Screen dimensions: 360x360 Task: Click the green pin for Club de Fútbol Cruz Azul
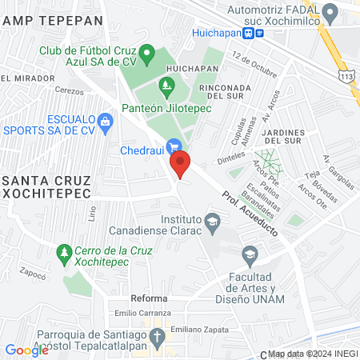146,55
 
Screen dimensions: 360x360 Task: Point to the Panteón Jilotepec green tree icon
166,85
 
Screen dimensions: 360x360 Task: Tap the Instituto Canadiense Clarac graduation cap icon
212,221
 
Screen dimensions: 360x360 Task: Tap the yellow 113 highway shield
346,75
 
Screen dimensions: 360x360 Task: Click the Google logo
26,350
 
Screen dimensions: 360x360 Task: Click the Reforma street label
149,298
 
